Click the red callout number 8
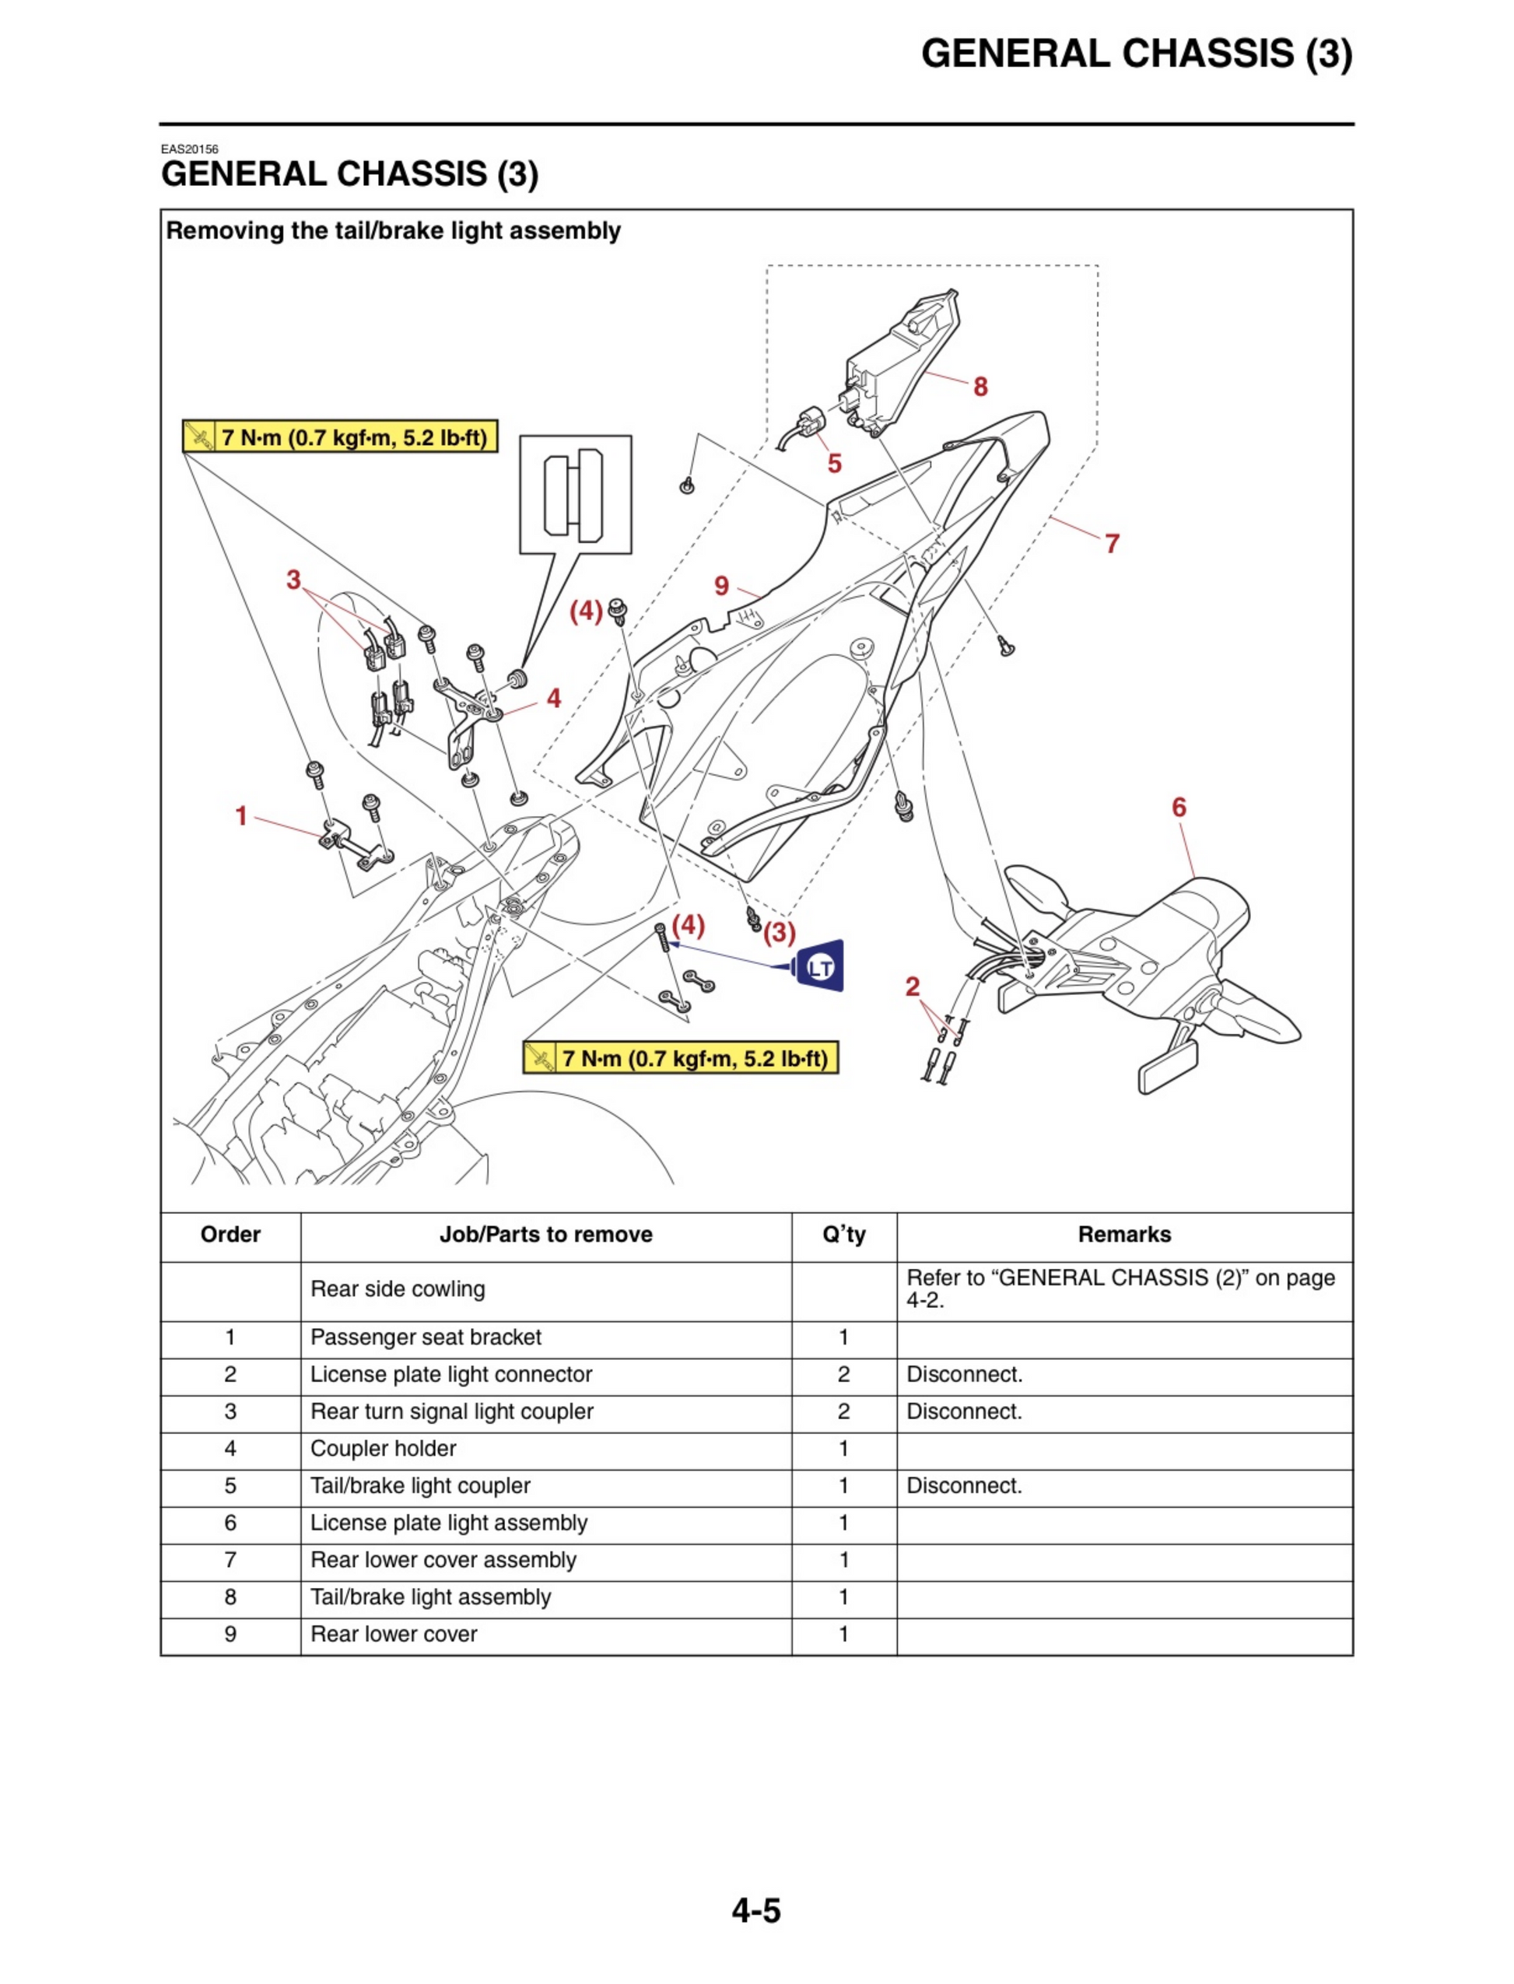coord(980,387)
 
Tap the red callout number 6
coord(1179,808)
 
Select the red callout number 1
coord(240,816)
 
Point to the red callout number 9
coord(721,587)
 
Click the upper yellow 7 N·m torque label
coord(340,437)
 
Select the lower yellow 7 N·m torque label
coord(681,1058)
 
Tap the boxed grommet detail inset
coord(575,495)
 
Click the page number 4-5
coord(756,1911)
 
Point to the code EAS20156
coord(189,149)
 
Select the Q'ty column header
coord(843,1235)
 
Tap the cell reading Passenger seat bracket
coord(426,1337)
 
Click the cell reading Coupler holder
coord(383,1448)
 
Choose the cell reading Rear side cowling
coord(398,1289)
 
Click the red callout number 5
coord(835,464)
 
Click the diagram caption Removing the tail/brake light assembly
coord(393,230)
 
